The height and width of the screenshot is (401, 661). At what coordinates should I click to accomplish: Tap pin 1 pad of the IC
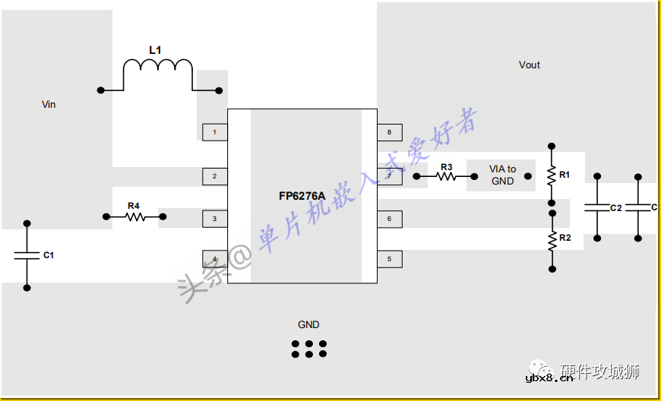click(x=215, y=133)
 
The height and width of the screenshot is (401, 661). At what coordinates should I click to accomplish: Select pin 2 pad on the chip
click(x=215, y=176)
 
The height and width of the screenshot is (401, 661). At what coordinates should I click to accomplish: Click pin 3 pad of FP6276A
click(x=215, y=219)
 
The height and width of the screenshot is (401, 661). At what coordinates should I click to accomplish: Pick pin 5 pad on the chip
click(x=389, y=259)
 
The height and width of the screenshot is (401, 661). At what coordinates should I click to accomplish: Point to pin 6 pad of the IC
click(x=389, y=219)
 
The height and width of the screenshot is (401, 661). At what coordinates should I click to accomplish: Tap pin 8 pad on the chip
click(x=389, y=133)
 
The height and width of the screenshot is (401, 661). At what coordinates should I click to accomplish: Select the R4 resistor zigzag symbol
click(x=134, y=217)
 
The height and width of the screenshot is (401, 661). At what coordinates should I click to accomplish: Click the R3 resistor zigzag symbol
click(x=446, y=176)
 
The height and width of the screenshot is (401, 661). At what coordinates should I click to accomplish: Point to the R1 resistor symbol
click(x=552, y=175)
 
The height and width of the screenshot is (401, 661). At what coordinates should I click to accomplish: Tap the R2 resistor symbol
click(x=552, y=241)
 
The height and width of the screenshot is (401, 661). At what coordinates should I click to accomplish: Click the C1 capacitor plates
click(x=27, y=255)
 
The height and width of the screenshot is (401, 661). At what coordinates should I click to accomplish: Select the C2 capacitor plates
click(x=597, y=207)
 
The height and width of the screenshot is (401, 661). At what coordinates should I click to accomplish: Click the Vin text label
click(x=49, y=104)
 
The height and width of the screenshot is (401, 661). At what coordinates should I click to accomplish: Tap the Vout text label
click(x=530, y=65)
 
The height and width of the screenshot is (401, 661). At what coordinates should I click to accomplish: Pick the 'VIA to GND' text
click(x=502, y=175)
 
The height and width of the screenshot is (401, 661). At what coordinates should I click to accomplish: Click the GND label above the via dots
click(x=308, y=324)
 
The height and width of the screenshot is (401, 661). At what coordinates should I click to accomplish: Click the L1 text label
click(x=155, y=50)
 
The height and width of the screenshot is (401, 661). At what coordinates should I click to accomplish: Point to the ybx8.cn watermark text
click(x=549, y=379)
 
